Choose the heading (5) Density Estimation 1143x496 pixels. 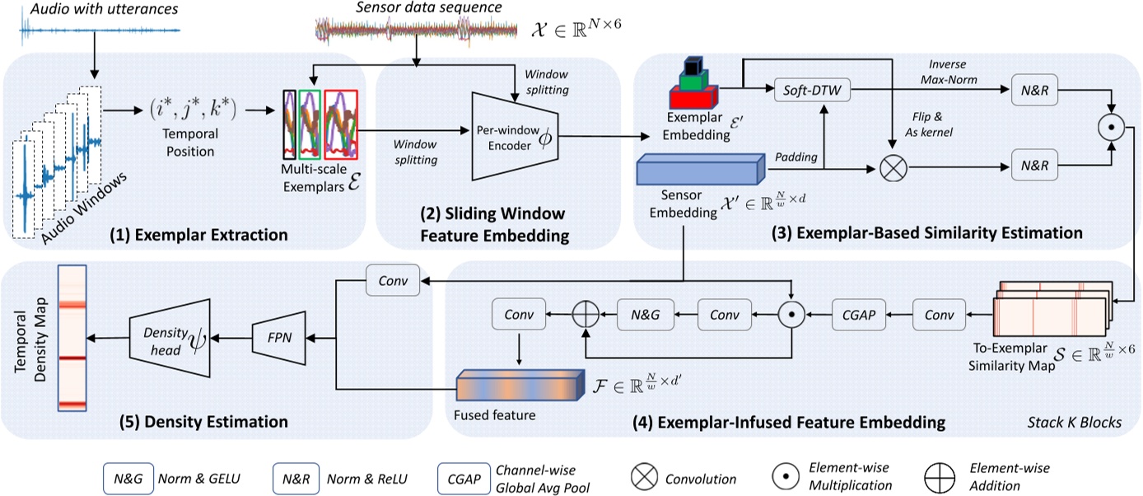click(x=201, y=422)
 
